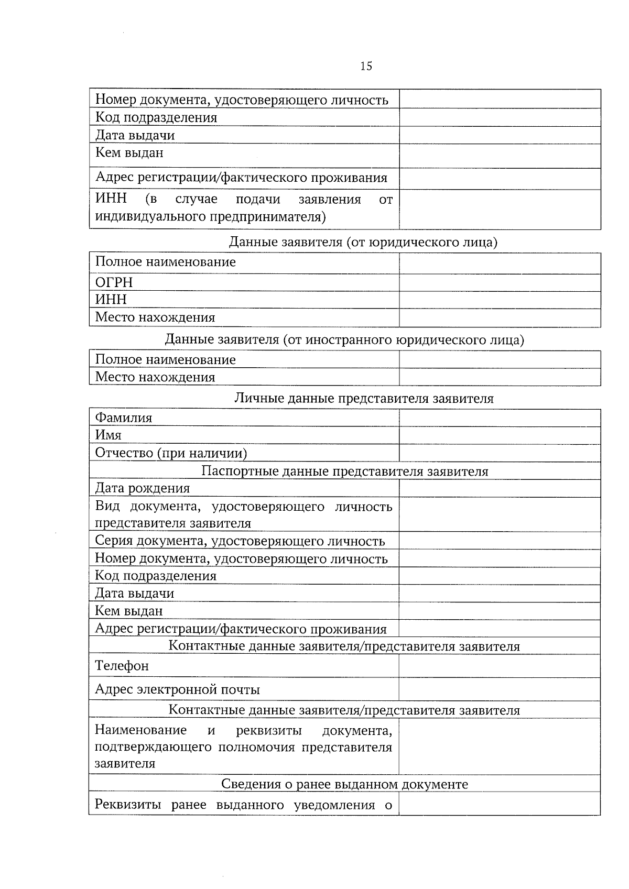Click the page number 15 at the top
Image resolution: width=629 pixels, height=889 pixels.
pyautogui.click(x=366, y=66)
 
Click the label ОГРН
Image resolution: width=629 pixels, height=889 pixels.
pyautogui.click(x=114, y=282)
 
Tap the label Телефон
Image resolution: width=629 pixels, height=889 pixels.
pyautogui.click(x=122, y=666)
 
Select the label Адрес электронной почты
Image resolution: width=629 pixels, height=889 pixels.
pyautogui.click(x=177, y=689)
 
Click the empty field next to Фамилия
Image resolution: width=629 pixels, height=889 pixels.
pyautogui.click(x=499, y=418)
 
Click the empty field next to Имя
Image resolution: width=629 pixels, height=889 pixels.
pyautogui.click(x=499, y=435)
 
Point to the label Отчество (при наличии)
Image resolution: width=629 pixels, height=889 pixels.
pyautogui.click(x=171, y=453)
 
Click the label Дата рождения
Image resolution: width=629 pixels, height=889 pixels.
pyautogui.click(x=142, y=488)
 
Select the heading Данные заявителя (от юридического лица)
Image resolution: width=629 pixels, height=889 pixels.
pyautogui.click(x=363, y=242)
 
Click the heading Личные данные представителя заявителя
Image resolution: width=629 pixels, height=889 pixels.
pyautogui.click(x=363, y=398)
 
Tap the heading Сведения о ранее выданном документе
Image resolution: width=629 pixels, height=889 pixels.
pyautogui.click(x=344, y=784)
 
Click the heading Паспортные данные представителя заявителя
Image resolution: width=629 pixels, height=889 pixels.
pyautogui.click(x=344, y=471)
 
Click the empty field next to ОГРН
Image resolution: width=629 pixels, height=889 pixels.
pyautogui.click(x=499, y=282)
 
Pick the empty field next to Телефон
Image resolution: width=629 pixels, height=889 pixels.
pyautogui.click(x=499, y=666)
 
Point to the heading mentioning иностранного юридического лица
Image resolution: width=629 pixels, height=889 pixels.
pyautogui.click(x=344, y=340)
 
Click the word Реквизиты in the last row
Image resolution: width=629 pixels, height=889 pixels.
pyautogui.click(x=127, y=805)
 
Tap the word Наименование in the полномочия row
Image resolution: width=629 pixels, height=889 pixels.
pyautogui.click(x=140, y=730)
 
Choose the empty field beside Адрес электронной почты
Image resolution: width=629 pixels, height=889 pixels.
pyautogui.click(x=499, y=689)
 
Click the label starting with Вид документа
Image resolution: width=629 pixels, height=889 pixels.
pyautogui.click(x=243, y=514)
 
